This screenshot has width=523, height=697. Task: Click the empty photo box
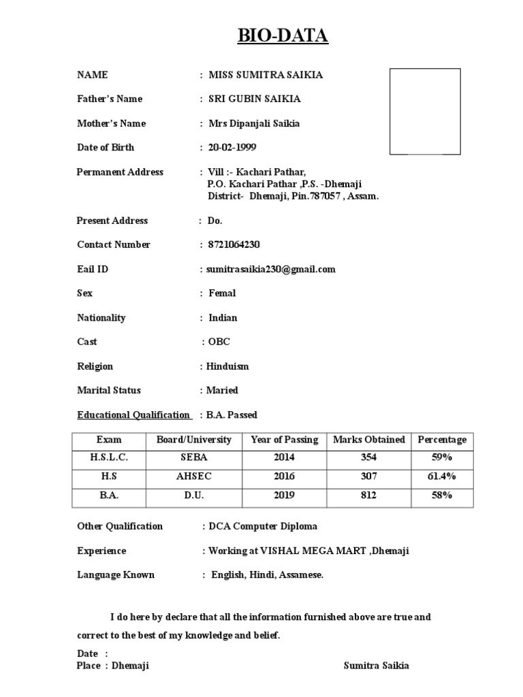(425, 111)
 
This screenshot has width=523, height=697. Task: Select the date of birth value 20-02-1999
(232, 148)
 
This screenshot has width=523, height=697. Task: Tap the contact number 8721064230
(234, 245)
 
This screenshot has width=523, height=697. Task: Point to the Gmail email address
(271, 270)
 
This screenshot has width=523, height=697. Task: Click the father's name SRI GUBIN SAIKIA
(254, 99)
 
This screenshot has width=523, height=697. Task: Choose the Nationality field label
(101, 318)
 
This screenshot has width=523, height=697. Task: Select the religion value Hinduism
(227, 366)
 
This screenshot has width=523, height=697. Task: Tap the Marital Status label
(109, 391)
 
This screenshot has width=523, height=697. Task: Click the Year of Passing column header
(284, 440)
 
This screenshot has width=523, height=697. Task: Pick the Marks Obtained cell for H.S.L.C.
(368, 458)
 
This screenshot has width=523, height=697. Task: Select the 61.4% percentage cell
(441, 476)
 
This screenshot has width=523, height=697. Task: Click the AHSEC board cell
(194, 476)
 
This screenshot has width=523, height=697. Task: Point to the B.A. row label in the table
(109, 496)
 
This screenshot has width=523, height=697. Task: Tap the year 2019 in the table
(284, 496)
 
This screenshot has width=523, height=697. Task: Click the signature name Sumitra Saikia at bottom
(377, 666)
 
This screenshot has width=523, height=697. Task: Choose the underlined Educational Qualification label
(133, 415)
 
